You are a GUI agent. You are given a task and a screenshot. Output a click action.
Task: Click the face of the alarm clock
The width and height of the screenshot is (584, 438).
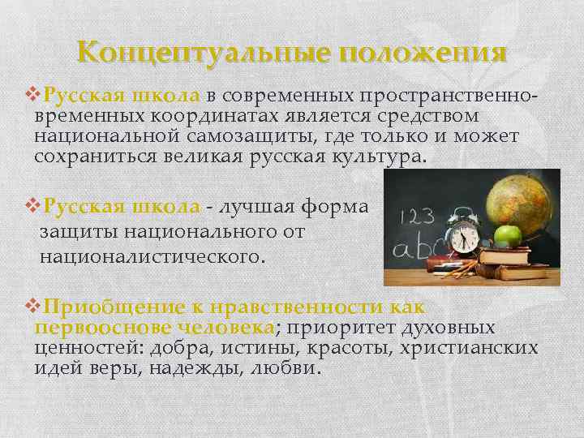click(465, 238)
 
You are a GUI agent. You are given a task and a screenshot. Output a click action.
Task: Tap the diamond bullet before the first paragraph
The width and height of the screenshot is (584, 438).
click(32, 96)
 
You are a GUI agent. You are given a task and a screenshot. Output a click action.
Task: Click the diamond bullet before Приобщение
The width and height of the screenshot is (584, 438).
click(32, 307)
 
